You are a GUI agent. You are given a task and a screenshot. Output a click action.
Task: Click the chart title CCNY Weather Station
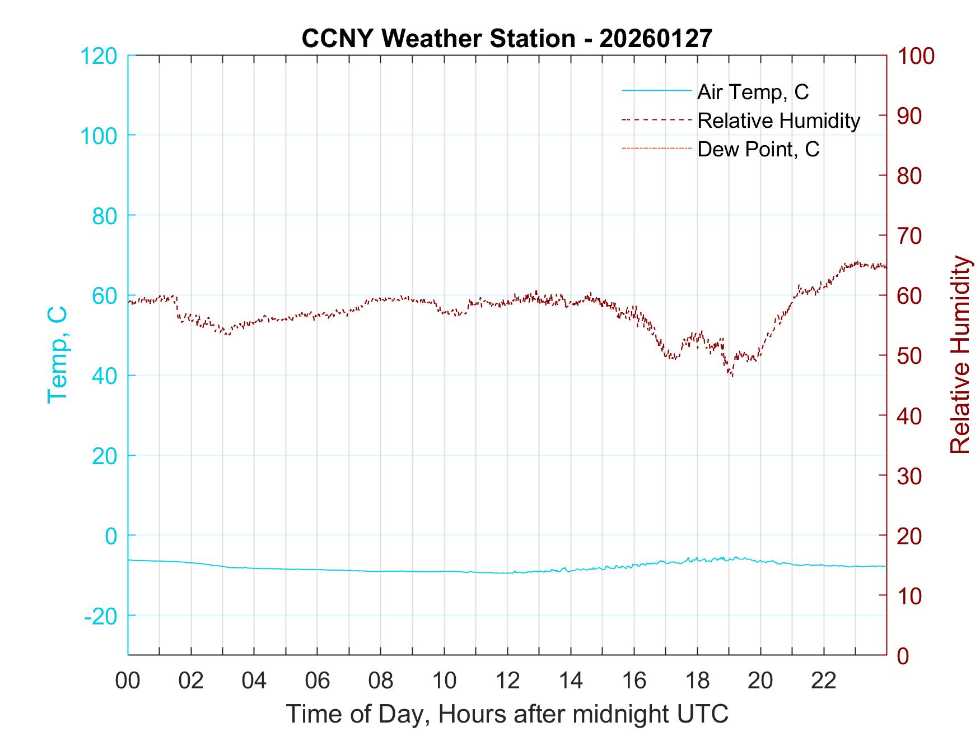(x=506, y=38)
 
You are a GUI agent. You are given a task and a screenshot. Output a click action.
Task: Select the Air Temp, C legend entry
(x=752, y=92)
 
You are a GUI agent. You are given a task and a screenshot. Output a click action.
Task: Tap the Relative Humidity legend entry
(x=778, y=121)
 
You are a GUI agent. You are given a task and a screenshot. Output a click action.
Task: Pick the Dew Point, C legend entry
(x=758, y=149)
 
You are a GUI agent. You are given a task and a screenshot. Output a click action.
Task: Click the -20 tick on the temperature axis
(x=101, y=615)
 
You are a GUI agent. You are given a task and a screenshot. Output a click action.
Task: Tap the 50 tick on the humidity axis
(x=909, y=355)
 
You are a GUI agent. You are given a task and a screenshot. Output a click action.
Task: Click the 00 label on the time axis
(x=128, y=681)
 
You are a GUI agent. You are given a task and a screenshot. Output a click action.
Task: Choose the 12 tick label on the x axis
(x=507, y=681)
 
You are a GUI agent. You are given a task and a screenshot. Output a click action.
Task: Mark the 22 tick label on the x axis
(x=824, y=681)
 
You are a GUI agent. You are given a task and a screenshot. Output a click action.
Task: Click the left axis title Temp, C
(x=58, y=355)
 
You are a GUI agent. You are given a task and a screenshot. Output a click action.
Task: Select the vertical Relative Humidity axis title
(x=960, y=355)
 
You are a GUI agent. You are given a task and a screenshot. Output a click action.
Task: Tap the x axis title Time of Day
(x=507, y=714)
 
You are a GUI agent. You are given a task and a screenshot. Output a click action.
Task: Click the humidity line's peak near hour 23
(x=857, y=262)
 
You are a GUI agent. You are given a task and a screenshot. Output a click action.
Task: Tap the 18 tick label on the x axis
(x=697, y=681)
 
